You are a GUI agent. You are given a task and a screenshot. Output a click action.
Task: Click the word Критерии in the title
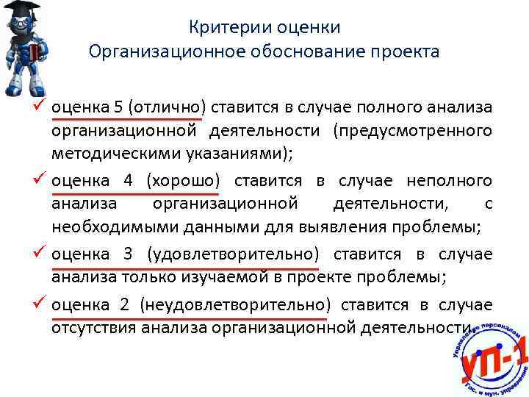click(223, 28)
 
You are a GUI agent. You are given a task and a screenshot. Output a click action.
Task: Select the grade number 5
click(118, 107)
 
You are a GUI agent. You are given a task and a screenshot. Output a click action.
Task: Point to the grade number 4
click(128, 180)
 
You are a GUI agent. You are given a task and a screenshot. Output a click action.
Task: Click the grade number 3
click(128, 254)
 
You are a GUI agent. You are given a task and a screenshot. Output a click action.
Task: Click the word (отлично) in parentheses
click(168, 107)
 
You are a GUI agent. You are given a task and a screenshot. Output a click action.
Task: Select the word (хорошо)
click(184, 180)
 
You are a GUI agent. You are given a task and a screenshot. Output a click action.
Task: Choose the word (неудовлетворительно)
click(234, 304)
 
